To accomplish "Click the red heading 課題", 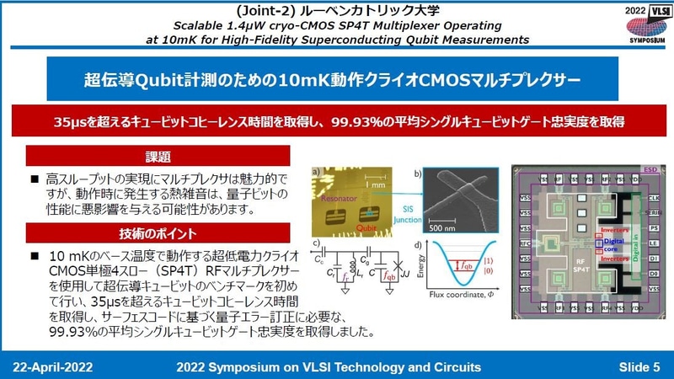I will (x=158, y=157).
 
